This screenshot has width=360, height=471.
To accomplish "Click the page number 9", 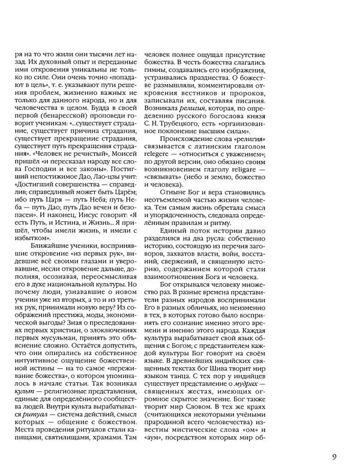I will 333,456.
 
